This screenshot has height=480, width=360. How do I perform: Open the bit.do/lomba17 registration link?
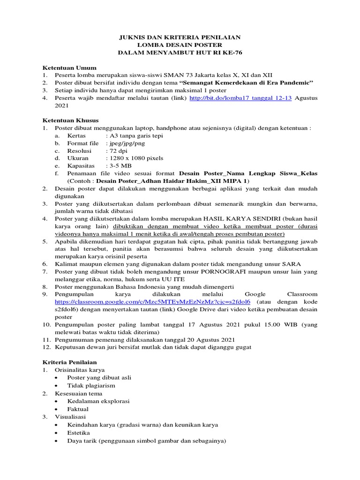(x=240, y=98)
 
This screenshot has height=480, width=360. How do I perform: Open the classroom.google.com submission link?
(x=152, y=301)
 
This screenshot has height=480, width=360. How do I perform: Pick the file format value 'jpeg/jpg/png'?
(x=125, y=143)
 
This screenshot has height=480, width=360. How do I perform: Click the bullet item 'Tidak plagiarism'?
(x=91, y=385)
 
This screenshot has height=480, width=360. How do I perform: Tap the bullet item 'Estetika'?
(x=79, y=433)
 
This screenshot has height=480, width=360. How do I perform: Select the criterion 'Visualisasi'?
(x=70, y=416)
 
